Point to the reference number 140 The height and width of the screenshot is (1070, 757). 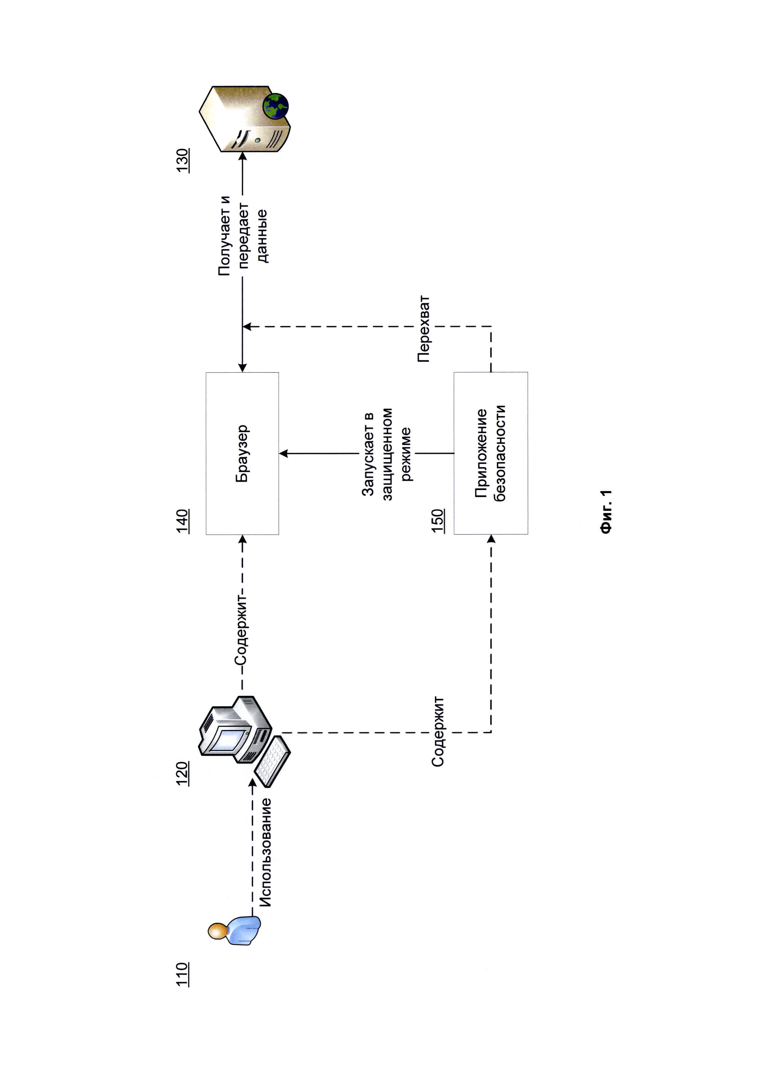[x=182, y=521]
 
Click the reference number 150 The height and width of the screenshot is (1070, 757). [x=438, y=521]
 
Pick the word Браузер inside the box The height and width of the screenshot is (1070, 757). [x=242, y=453]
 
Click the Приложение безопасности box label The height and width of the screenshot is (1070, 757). [x=491, y=453]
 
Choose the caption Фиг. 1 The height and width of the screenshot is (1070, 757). [x=606, y=511]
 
